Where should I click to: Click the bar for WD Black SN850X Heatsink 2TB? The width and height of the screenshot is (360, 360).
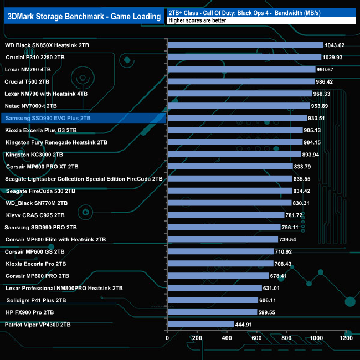(245, 45)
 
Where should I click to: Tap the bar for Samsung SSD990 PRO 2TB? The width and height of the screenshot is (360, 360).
(224, 228)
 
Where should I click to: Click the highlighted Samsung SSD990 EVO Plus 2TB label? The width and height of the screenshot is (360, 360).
(48, 118)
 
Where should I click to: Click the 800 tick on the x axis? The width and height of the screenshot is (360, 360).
(287, 337)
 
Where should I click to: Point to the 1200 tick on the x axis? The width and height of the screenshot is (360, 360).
(346, 337)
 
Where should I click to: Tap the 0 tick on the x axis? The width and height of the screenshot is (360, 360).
(167, 337)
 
